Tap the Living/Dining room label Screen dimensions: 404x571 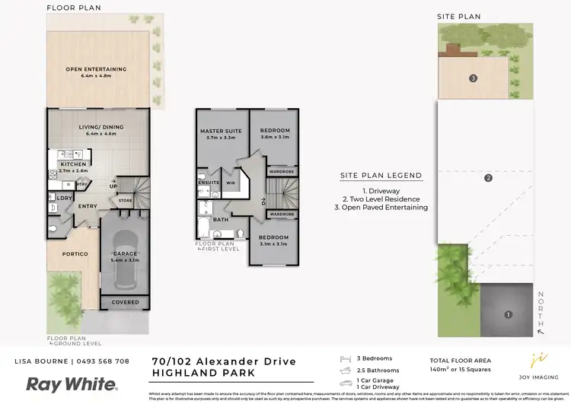click(x=96, y=130)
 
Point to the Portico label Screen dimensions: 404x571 click(x=75, y=253)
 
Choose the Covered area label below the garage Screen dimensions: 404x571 click(x=126, y=302)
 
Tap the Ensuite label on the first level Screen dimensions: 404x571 click(x=209, y=183)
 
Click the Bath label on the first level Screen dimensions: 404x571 click(x=221, y=219)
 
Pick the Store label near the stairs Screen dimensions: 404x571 click(x=124, y=201)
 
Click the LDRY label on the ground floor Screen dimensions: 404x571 click(x=64, y=199)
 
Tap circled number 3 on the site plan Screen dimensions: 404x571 click(x=473, y=78)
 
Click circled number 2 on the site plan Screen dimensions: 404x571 click(x=488, y=179)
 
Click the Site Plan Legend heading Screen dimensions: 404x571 click(x=381, y=175)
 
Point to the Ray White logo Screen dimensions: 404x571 click(x=63, y=383)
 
